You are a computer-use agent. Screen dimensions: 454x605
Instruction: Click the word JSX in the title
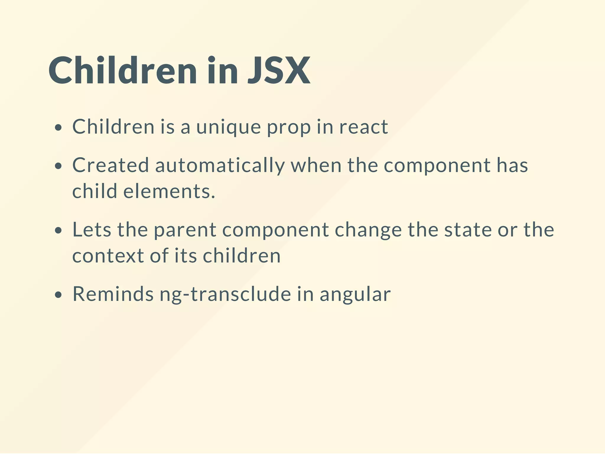(x=279, y=71)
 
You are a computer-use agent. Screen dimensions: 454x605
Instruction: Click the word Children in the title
(x=123, y=71)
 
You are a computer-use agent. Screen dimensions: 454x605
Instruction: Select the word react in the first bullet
(x=363, y=127)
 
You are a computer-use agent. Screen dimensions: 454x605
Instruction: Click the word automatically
(x=220, y=166)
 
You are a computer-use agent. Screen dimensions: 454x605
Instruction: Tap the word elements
(x=169, y=191)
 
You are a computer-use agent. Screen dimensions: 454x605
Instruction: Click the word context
(x=108, y=256)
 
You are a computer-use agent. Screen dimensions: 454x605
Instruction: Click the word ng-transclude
(x=225, y=295)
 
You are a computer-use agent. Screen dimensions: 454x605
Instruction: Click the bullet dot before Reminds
(x=58, y=295)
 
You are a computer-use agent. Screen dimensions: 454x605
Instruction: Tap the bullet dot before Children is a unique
(x=58, y=128)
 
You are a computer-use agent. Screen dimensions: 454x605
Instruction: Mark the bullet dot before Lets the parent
(x=58, y=230)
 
